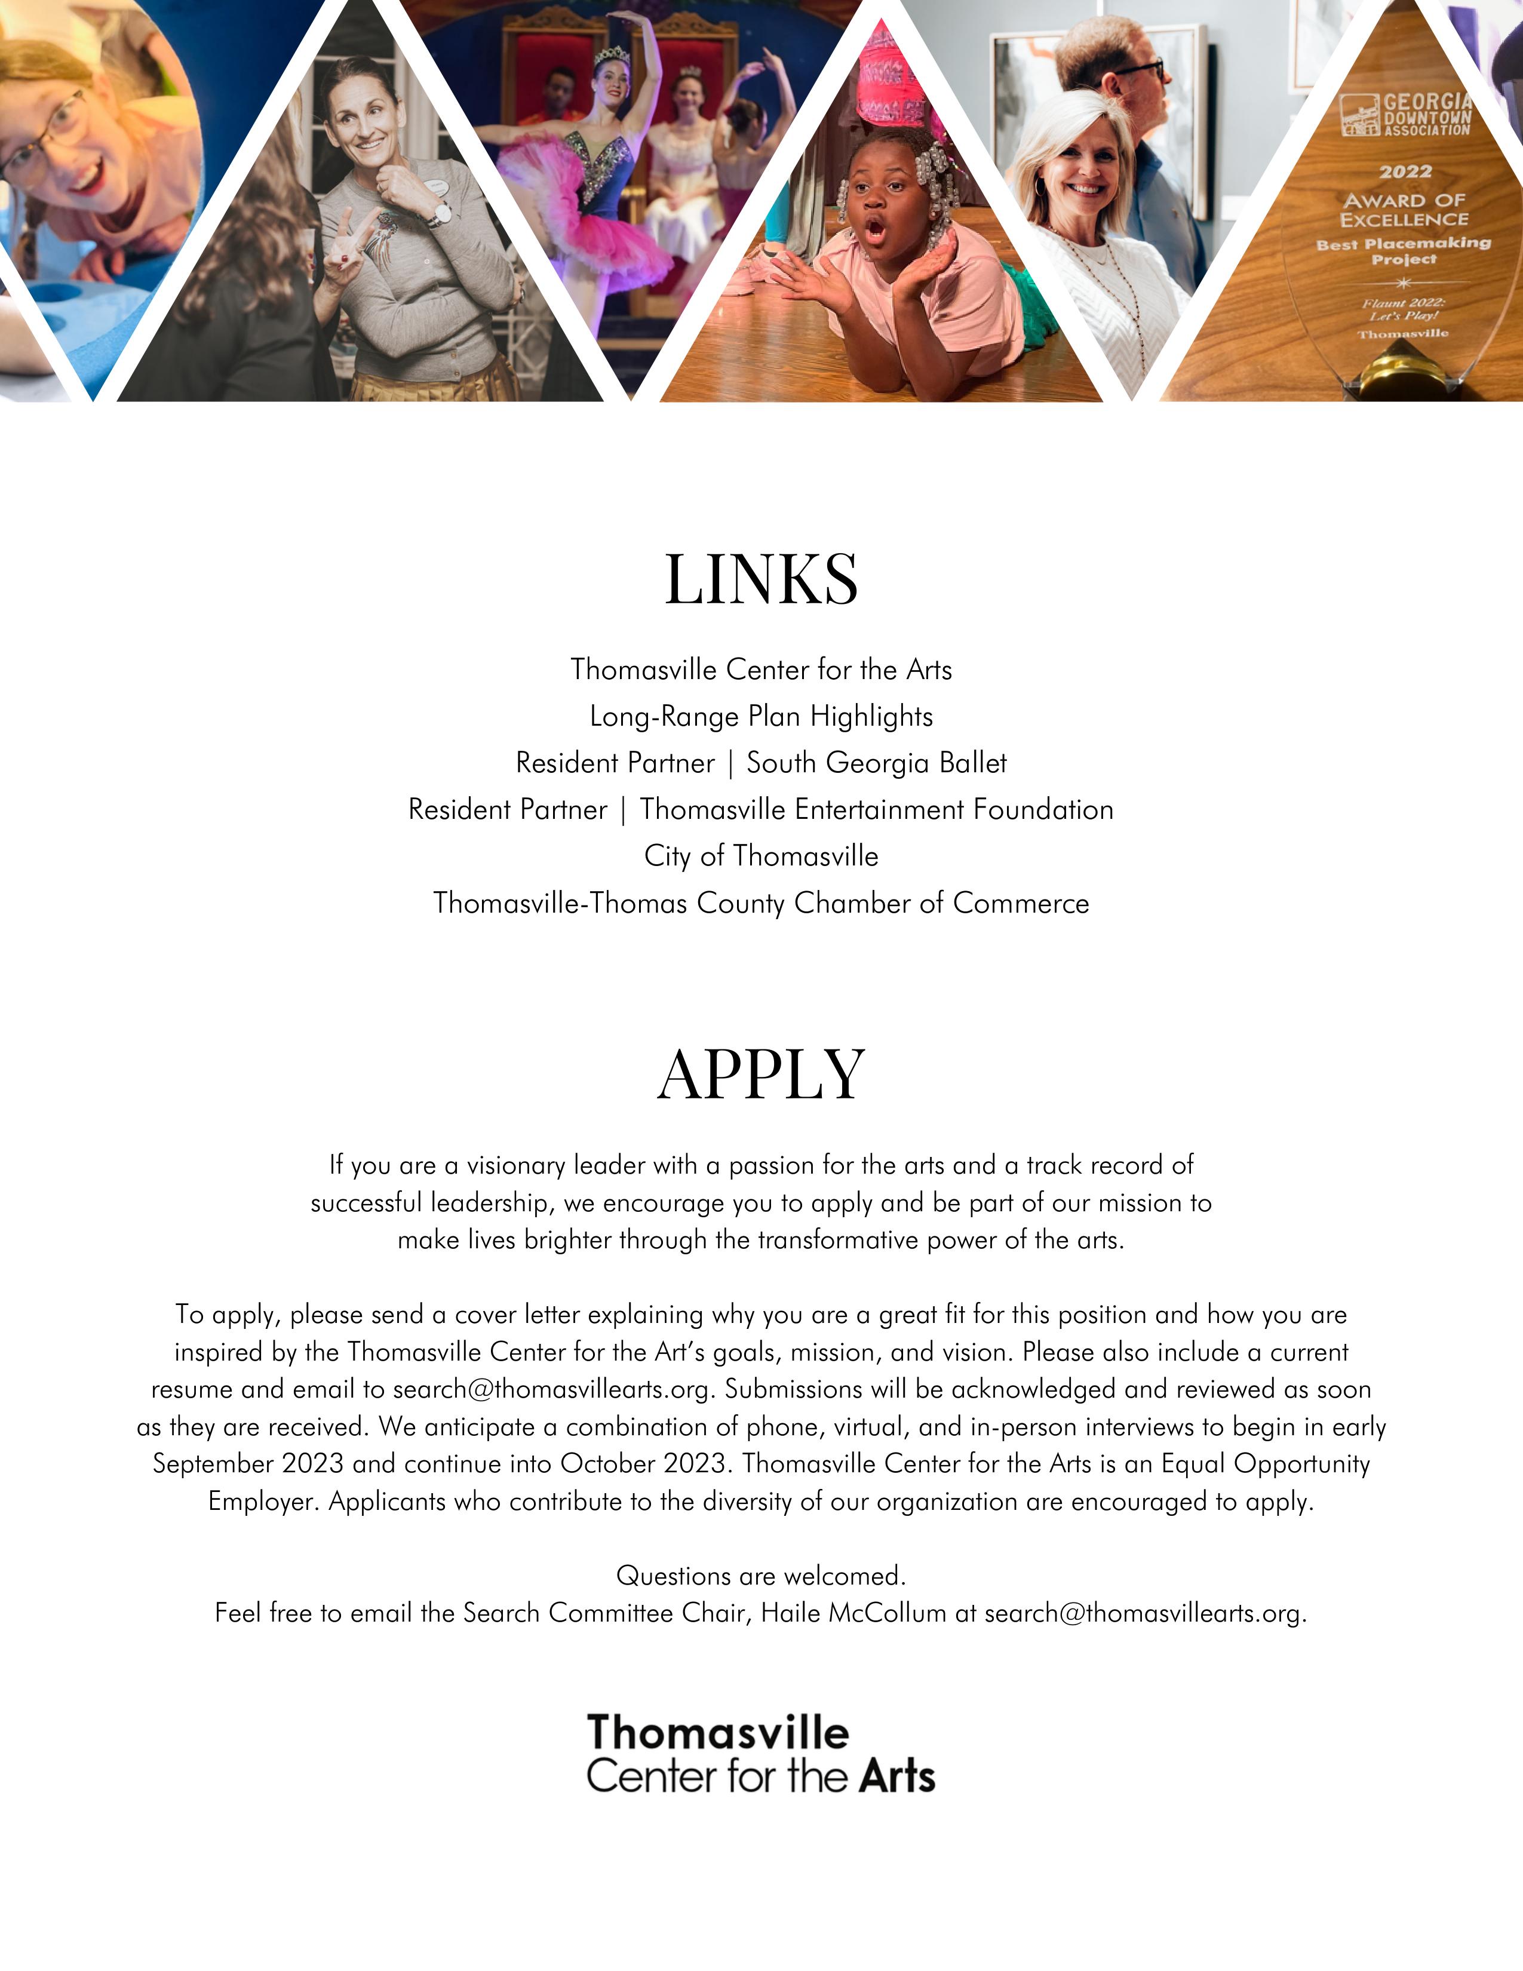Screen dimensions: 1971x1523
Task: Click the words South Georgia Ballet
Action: tap(876, 763)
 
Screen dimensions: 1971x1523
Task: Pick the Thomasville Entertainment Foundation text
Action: tap(876, 809)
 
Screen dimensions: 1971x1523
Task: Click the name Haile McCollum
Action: tap(853, 1613)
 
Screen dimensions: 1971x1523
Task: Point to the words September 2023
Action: tap(248, 1464)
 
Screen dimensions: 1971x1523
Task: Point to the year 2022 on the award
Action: tap(1405, 171)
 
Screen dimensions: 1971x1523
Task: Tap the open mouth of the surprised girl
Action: tap(874, 232)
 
